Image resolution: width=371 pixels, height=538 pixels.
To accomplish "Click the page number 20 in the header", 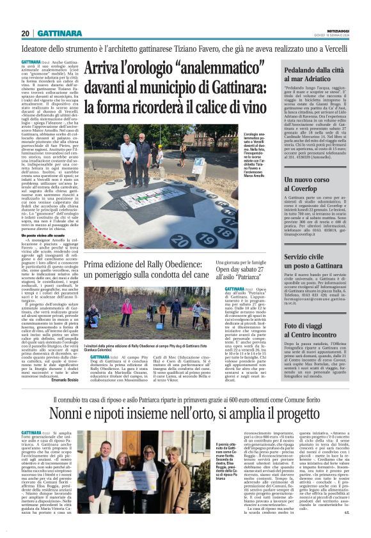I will (26, 33).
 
